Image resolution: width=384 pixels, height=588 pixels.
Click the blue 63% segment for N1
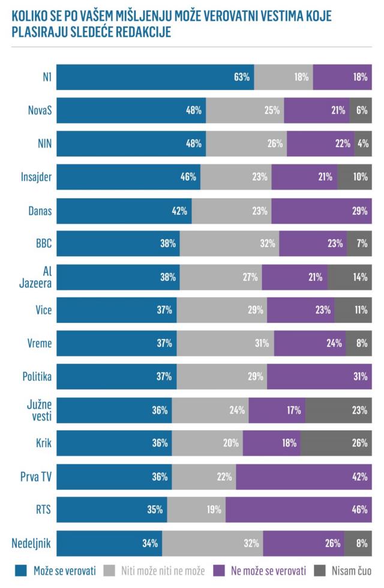(x=155, y=77)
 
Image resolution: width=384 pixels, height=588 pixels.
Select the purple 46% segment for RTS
(x=298, y=510)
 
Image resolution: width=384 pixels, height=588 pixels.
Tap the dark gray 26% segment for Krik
(x=335, y=443)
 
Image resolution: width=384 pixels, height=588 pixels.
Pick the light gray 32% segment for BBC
(x=229, y=244)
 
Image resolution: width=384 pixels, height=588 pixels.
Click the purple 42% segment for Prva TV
(x=304, y=476)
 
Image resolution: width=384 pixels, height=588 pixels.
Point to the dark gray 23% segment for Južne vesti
(x=338, y=410)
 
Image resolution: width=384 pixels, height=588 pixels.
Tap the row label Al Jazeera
(x=37, y=277)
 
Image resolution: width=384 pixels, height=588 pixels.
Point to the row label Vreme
(x=40, y=343)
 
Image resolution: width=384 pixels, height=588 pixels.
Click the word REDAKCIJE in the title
(x=140, y=32)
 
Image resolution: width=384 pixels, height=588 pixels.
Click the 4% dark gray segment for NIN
(x=363, y=143)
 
